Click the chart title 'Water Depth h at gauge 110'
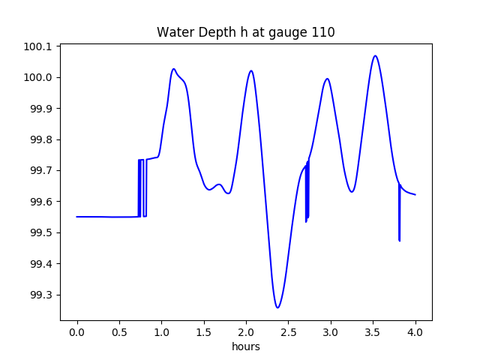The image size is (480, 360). pos(245,32)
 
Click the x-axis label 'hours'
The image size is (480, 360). pos(245,346)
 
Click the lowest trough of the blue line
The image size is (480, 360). pos(277,307)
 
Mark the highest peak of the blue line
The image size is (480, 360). pos(376,55)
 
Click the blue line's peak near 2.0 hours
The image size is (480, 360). pos(250,70)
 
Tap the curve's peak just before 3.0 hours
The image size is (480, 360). pos(326,79)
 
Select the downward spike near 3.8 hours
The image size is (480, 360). pos(399,240)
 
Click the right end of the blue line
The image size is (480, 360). pos(415,195)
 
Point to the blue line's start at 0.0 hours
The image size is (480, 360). pos(77,217)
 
